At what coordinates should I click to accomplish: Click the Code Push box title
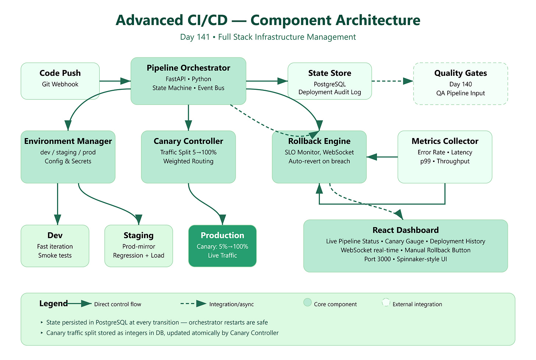point(60,73)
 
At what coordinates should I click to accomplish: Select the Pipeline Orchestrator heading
point(188,68)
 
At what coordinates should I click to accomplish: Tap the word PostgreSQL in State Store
point(329,84)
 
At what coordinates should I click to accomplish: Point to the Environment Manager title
point(68,141)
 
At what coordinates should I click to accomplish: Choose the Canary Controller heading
point(188,141)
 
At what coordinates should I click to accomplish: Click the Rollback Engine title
point(319,141)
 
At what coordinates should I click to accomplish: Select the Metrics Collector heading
point(445,141)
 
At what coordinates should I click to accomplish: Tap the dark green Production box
point(222,246)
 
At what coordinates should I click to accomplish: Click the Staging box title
point(138,235)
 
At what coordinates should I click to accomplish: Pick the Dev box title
point(55,235)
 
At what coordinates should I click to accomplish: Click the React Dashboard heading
point(406,230)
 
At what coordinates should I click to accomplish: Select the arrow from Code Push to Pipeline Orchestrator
point(115,81)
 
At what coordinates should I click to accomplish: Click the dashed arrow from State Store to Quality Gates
point(392,81)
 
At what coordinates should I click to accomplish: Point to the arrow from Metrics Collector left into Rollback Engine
point(382,157)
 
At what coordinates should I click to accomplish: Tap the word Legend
point(54,303)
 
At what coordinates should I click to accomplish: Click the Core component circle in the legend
point(307,302)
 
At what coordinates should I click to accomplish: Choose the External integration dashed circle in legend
point(386,302)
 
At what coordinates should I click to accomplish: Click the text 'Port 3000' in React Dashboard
point(377,259)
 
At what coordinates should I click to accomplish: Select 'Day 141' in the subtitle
point(195,37)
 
